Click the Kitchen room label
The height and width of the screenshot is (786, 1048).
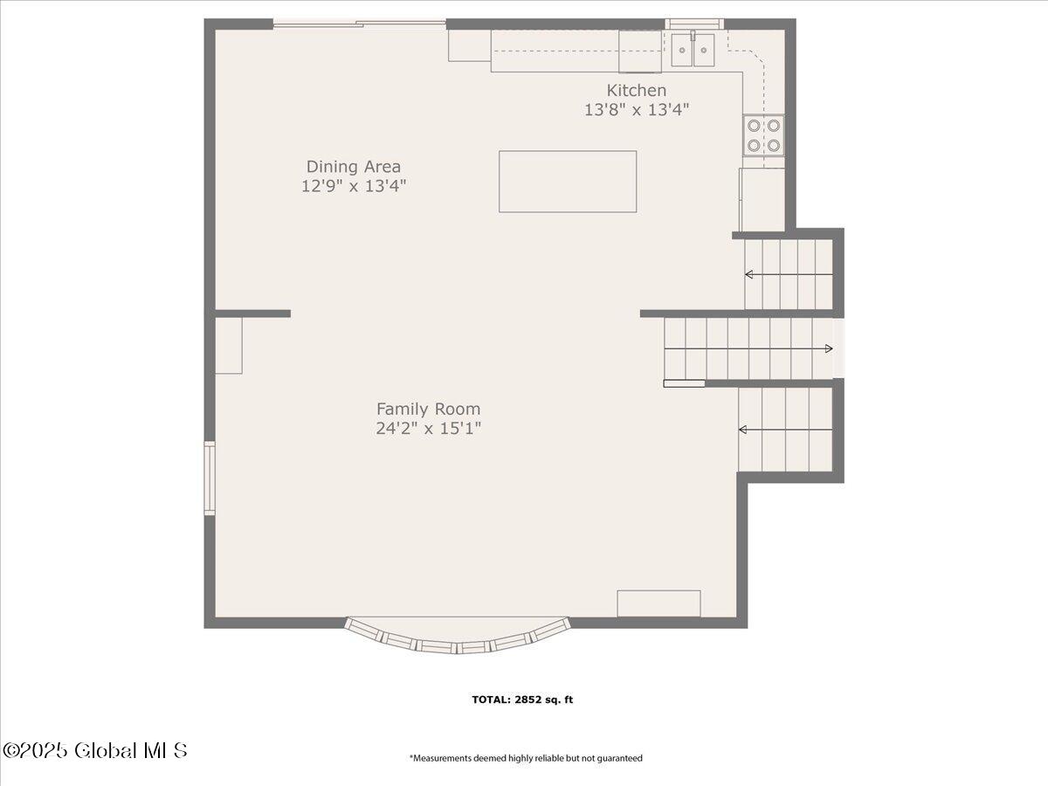point(637,90)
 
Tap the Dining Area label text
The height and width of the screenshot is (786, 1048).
point(354,167)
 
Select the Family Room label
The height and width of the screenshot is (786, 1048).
point(428,409)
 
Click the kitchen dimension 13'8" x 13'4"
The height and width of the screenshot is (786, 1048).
point(637,110)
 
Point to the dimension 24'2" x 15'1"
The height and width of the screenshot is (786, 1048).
point(428,429)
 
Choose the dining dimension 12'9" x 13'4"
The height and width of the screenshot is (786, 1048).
point(354,186)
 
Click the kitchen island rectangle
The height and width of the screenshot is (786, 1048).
point(568,182)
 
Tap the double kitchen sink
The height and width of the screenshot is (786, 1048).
point(693,50)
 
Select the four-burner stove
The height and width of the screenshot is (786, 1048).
point(763,135)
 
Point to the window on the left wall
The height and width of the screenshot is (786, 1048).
point(210,478)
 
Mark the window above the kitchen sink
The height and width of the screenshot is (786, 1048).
point(694,24)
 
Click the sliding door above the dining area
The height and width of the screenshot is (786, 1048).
point(360,23)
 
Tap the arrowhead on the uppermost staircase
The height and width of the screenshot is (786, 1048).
point(749,274)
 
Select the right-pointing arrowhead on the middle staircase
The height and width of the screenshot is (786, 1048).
point(829,348)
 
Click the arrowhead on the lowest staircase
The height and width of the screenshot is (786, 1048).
point(743,430)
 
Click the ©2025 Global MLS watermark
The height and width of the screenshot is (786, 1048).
point(94,751)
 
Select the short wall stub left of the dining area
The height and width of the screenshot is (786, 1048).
point(252,314)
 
